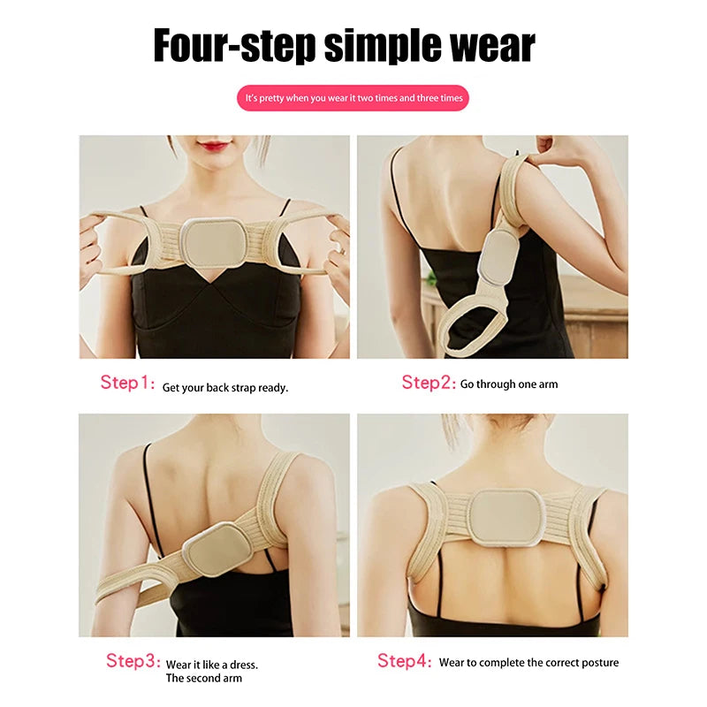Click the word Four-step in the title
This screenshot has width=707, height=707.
pyautogui.click(x=234, y=45)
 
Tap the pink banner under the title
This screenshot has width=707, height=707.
pyautogui.click(x=353, y=98)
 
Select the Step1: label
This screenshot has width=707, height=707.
pyautogui.click(x=127, y=383)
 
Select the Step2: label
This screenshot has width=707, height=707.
pyautogui.click(x=429, y=383)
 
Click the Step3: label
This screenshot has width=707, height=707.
pyautogui.click(x=133, y=661)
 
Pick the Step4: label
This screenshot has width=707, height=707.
pyautogui.click(x=405, y=661)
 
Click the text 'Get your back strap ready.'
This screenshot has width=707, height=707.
pyautogui.click(x=225, y=387)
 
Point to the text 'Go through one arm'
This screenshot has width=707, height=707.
pyautogui.click(x=509, y=384)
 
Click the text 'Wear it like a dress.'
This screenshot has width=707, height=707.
pyautogui.click(x=212, y=664)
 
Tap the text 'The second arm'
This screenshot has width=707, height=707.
pyautogui.click(x=204, y=678)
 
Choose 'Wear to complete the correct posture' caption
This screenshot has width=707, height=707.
pyautogui.click(x=528, y=663)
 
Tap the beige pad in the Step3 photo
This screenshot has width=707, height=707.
pyautogui.click(x=216, y=547)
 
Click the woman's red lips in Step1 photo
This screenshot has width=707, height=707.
pyautogui.click(x=215, y=146)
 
